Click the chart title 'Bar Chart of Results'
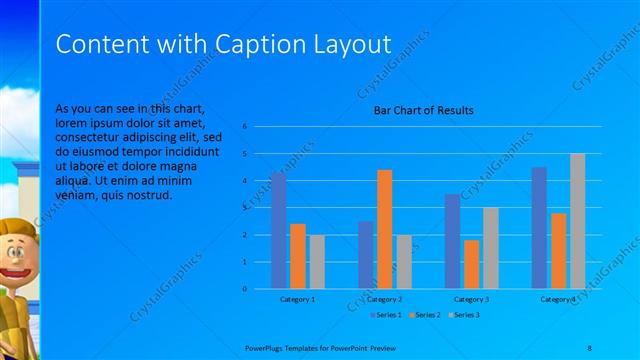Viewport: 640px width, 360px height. (x=423, y=110)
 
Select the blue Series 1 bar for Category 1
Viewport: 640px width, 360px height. (x=278, y=230)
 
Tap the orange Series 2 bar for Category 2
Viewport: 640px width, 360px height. (x=385, y=229)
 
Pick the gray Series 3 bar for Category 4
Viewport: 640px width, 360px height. (x=577, y=221)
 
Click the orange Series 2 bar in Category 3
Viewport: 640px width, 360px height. (x=472, y=264)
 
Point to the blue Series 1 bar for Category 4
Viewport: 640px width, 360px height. (x=539, y=228)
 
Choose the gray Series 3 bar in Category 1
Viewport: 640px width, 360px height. (x=317, y=262)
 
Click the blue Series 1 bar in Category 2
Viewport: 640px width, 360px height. (x=366, y=255)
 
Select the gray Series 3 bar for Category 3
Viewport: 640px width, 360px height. (x=490, y=248)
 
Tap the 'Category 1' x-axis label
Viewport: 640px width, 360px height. (x=297, y=299)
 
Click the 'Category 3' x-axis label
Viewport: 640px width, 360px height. (x=471, y=299)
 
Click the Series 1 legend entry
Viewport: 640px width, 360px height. (x=386, y=315)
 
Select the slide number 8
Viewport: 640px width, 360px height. (x=588, y=346)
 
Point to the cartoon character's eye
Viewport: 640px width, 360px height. (x=11, y=251)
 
